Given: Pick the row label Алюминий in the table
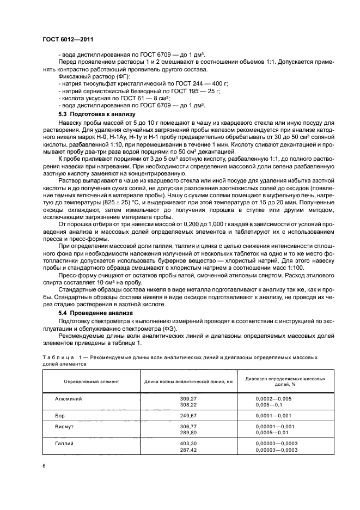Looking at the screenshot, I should click(69, 399).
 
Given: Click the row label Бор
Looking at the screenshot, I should click(60, 415).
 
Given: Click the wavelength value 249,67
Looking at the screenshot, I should click(188, 415).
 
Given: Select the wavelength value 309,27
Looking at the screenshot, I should click(188, 399).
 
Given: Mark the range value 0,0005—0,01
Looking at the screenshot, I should click(274, 432).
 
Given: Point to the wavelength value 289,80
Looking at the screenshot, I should click(188, 432).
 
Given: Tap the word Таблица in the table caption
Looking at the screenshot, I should click(58, 357).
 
